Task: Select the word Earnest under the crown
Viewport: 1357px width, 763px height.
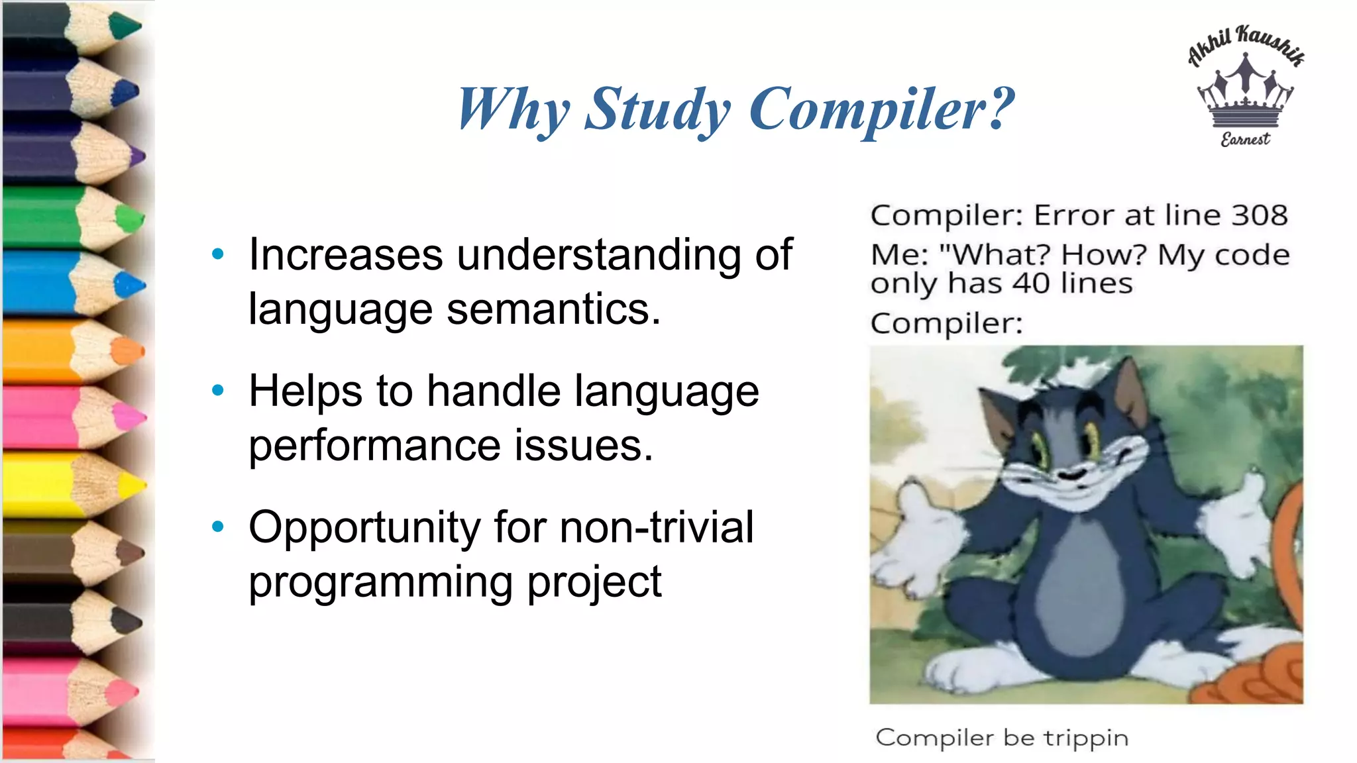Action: click(x=1245, y=139)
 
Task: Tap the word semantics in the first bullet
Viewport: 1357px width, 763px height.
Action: click(x=553, y=309)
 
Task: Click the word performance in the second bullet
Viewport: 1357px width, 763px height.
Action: click(x=374, y=445)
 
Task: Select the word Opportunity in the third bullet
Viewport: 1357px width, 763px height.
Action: click(x=364, y=529)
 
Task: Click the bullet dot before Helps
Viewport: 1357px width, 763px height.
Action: click(x=218, y=390)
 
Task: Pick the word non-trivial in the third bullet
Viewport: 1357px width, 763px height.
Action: click(x=657, y=527)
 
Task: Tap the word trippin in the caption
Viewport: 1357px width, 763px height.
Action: click(x=1085, y=738)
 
